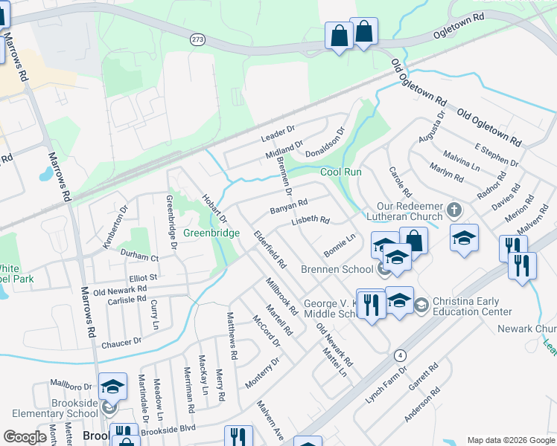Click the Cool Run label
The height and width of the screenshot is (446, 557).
pyautogui.click(x=341, y=172)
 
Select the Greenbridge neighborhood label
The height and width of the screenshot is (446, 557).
pyautogui.click(x=212, y=233)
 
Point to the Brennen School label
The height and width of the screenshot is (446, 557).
pyautogui.click(x=336, y=269)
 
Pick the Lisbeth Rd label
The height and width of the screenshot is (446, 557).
pyautogui.click(x=310, y=220)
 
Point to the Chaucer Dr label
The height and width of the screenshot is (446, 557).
pyautogui.click(x=121, y=342)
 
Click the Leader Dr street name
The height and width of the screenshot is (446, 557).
pyautogui.click(x=278, y=133)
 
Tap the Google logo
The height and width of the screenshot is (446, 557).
pyautogui.click(x=25, y=437)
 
